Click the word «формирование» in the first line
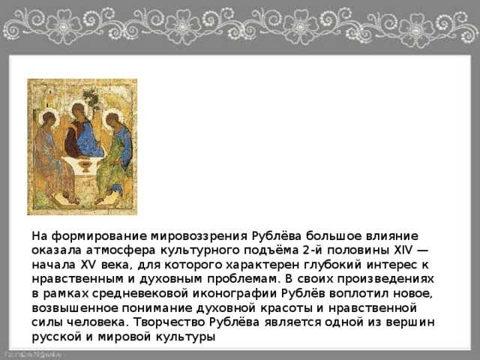pyautogui.click(x=99, y=236)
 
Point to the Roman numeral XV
pyautogui.click(x=88, y=265)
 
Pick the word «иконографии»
pyautogui.click(x=234, y=293)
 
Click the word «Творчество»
pyautogui.click(x=169, y=322)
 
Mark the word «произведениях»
pyautogui.click(x=385, y=279)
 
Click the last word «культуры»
pyautogui.click(x=186, y=337)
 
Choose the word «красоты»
pyautogui.click(x=286, y=308)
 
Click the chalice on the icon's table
pyautogui.click(x=85, y=166)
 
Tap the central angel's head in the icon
pyautogui.click(x=78, y=111)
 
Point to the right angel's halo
pyautogui.click(x=112, y=118)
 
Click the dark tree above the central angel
pyautogui.click(x=91, y=99)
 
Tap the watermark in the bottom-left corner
pyautogui.click(x=32, y=355)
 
